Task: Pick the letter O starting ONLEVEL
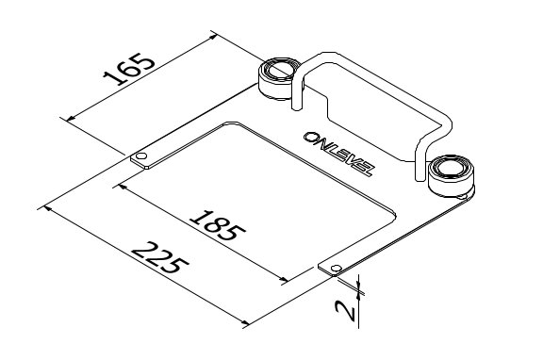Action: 311,138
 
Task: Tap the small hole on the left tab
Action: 140,155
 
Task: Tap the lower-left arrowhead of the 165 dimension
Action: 67,116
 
